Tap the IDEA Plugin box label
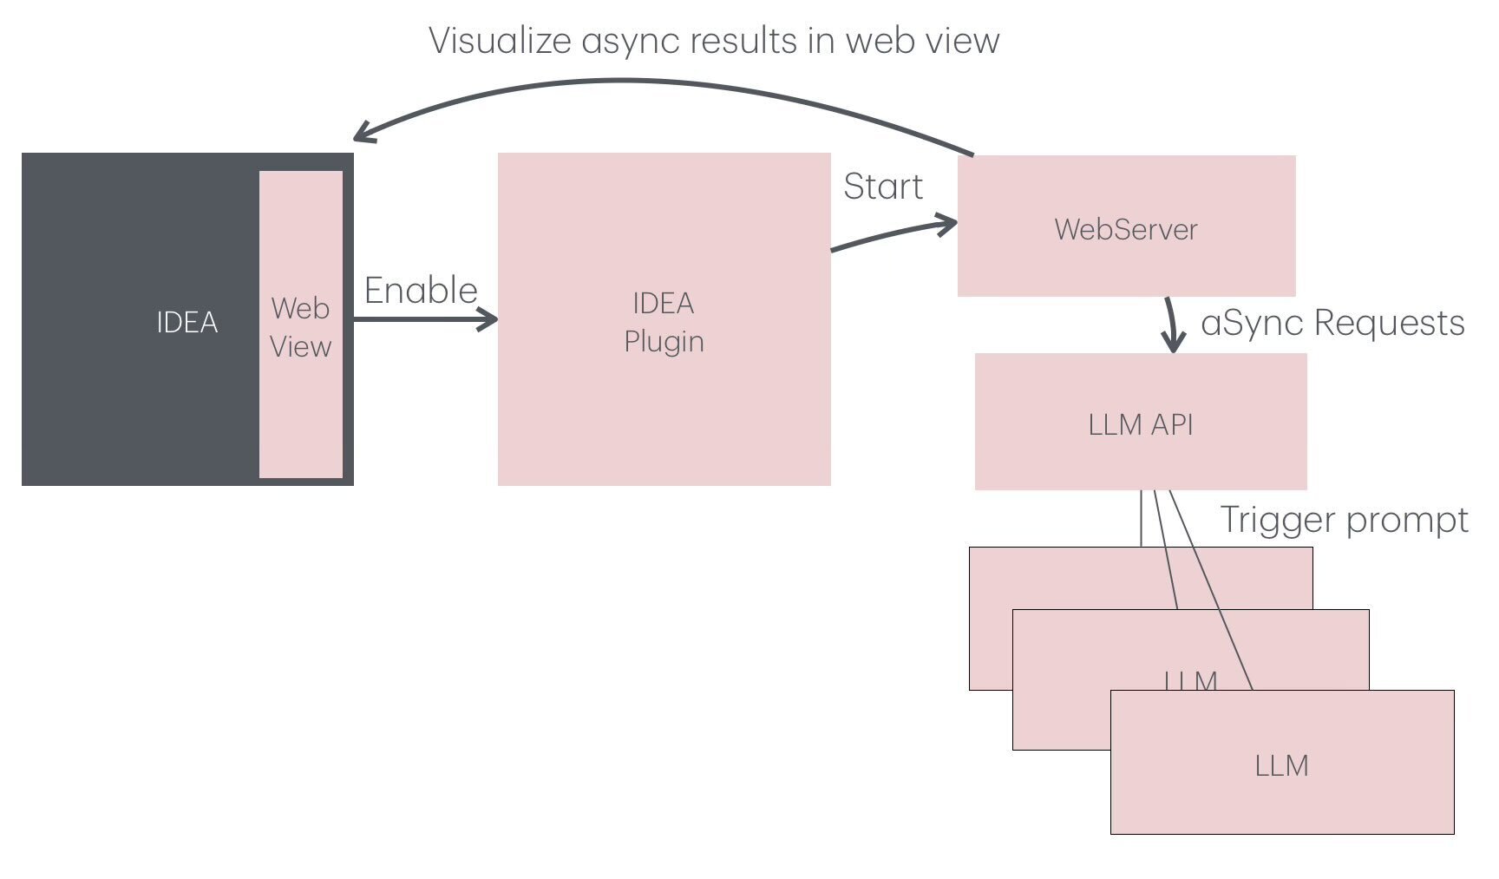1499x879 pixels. [x=664, y=322]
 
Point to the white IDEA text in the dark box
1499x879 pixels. [x=187, y=322]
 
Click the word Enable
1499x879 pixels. [x=421, y=290]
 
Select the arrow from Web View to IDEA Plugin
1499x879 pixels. [x=425, y=319]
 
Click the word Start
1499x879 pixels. [x=883, y=187]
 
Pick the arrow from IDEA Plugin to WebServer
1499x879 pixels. [x=894, y=234]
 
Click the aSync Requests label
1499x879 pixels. [x=1332, y=323]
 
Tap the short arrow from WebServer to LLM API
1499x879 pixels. [x=1172, y=325]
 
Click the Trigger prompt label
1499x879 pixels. [x=1344, y=520]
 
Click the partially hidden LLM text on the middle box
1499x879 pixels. [x=1190, y=680]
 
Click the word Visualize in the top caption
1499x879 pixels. [x=501, y=41]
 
